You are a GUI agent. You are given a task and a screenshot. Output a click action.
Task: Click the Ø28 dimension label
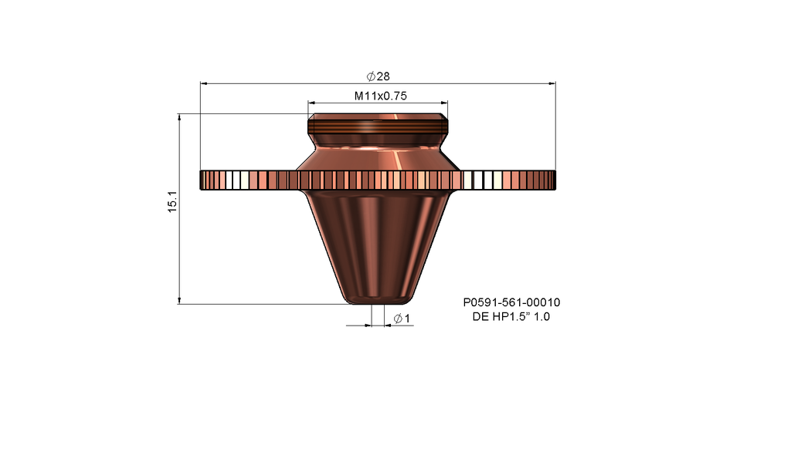(x=379, y=76)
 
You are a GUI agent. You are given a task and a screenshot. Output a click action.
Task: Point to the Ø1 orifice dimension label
(x=401, y=319)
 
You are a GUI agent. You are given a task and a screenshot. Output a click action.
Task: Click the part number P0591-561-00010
(x=511, y=303)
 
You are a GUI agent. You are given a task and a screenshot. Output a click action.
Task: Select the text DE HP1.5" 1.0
(x=511, y=317)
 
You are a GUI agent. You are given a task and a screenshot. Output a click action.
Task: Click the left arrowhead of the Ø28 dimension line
(x=204, y=83)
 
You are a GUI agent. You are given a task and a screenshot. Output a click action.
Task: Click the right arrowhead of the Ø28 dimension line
(x=552, y=83)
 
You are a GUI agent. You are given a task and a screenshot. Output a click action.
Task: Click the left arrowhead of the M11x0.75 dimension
(x=312, y=102)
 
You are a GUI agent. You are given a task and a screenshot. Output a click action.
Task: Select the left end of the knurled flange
(x=204, y=180)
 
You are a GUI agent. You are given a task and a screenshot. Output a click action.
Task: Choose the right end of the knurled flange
(x=552, y=180)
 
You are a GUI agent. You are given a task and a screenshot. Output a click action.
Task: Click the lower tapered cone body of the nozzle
(x=378, y=239)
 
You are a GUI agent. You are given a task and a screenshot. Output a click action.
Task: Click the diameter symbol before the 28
(x=371, y=76)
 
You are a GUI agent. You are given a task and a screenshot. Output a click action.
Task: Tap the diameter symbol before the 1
(x=397, y=319)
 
